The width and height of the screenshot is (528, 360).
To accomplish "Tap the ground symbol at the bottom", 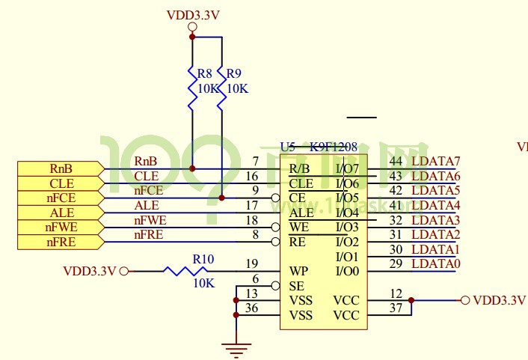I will point(236,347).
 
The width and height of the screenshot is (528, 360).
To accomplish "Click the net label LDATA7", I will point(436,161).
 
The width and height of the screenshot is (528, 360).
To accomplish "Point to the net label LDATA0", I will point(436,263).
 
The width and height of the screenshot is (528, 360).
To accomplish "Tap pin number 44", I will point(396,161).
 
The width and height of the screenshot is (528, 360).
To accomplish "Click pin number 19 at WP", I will point(251,263).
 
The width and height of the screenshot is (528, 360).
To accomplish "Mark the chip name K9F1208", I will point(334,147).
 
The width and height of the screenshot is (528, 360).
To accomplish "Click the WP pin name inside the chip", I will point(298,271).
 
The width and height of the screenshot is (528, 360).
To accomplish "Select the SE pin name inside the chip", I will point(296,286).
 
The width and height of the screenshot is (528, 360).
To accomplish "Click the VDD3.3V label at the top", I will point(192,15).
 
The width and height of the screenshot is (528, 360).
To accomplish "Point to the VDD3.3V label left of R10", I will point(90,271).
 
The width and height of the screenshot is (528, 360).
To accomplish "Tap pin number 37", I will point(396,308).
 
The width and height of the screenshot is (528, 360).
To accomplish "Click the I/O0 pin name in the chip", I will point(348,271).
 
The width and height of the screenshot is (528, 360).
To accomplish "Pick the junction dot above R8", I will point(192,36).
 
